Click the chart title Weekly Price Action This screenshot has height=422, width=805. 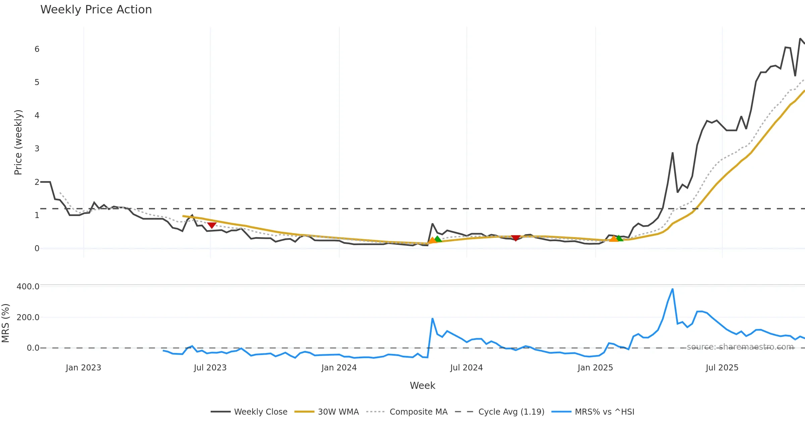point(96,10)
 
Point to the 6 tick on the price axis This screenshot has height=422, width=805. point(37,49)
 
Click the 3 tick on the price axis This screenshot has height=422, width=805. point(37,149)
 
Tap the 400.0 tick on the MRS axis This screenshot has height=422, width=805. point(28,287)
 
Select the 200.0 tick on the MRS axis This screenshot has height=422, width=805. point(28,318)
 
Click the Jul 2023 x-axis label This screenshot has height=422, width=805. point(210,368)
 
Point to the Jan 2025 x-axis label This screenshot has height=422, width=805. point(595,368)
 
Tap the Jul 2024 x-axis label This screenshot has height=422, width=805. point(467,368)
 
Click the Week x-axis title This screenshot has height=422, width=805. point(423,386)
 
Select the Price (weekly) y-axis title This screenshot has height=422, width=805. point(18,142)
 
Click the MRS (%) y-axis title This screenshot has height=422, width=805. point(5,323)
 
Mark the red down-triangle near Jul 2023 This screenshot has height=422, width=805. point(212,225)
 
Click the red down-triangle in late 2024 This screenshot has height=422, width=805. point(516,238)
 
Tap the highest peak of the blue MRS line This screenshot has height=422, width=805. point(673,289)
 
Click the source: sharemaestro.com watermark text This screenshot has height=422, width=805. point(740,347)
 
